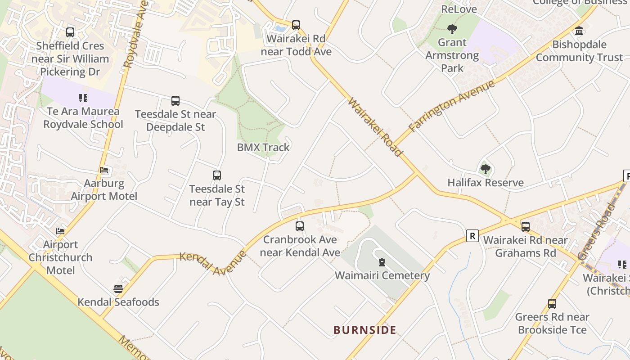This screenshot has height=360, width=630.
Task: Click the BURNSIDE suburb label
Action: (x=365, y=330)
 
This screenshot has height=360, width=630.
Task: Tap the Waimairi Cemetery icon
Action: (x=382, y=262)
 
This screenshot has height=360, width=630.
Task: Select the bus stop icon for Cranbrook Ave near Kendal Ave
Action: (x=300, y=226)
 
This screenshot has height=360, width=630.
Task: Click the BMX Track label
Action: (x=263, y=147)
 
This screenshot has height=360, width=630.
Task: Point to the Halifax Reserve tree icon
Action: (x=485, y=169)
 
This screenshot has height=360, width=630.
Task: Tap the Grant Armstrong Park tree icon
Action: (x=452, y=29)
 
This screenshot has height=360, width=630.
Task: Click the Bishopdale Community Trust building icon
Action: (x=579, y=31)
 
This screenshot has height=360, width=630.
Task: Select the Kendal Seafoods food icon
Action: (x=118, y=288)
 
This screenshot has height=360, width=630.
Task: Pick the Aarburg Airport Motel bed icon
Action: (x=104, y=170)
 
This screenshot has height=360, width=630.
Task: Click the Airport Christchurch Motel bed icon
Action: (x=60, y=231)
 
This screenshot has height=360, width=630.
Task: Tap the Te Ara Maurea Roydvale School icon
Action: (x=83, y=98)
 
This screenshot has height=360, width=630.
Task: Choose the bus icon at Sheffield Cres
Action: (x=70, y=32)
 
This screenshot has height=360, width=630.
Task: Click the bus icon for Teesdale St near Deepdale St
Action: (x=175, y=101)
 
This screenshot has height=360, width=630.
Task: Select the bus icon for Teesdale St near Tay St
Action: (x=217, y=175)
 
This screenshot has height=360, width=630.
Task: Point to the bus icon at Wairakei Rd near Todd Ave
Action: (x=296, y=25)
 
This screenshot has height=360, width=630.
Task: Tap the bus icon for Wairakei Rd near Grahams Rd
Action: (x=525, y=227)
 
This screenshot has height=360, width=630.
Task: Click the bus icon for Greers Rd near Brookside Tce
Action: (x=552, y=304)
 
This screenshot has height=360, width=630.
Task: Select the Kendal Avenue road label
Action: (x=213, y=263)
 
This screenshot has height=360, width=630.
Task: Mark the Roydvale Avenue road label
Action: (x=135, y=34)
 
